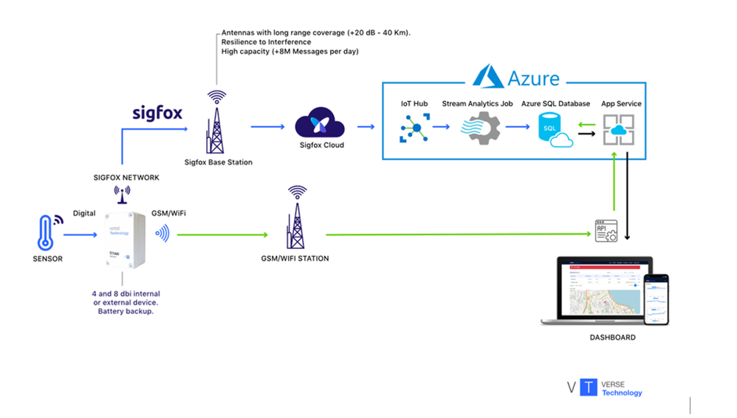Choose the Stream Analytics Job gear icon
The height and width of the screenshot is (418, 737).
pos(480,129)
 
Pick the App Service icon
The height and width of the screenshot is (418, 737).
pos(617,130)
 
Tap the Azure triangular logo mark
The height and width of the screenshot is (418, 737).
pos(488,77)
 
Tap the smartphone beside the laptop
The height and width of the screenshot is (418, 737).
pos(656,299)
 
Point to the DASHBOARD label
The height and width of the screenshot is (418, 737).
pos(612,338)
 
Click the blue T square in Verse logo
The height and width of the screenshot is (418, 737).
pos(588,387)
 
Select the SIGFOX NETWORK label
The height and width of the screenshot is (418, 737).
pos(126,177)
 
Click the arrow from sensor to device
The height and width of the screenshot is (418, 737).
pos(80,235)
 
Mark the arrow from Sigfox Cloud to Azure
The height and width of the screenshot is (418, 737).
pos(366,126)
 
